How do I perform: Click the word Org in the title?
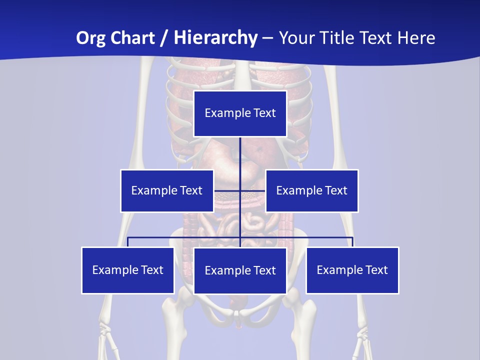point(91,38)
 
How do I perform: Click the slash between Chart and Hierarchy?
point(163,38)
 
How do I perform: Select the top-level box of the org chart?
point(240,113)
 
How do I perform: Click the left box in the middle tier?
point(167,190)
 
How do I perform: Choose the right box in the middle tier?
point(312,190)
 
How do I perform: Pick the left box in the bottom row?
point(128,270)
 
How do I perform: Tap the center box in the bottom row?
point(240,270)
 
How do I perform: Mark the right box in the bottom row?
point(352,270)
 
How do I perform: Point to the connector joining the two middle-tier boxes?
point(227,190)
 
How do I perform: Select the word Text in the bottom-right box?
point(377,270)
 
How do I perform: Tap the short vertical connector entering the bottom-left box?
point(128,242)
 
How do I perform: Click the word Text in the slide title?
point(378,38)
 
